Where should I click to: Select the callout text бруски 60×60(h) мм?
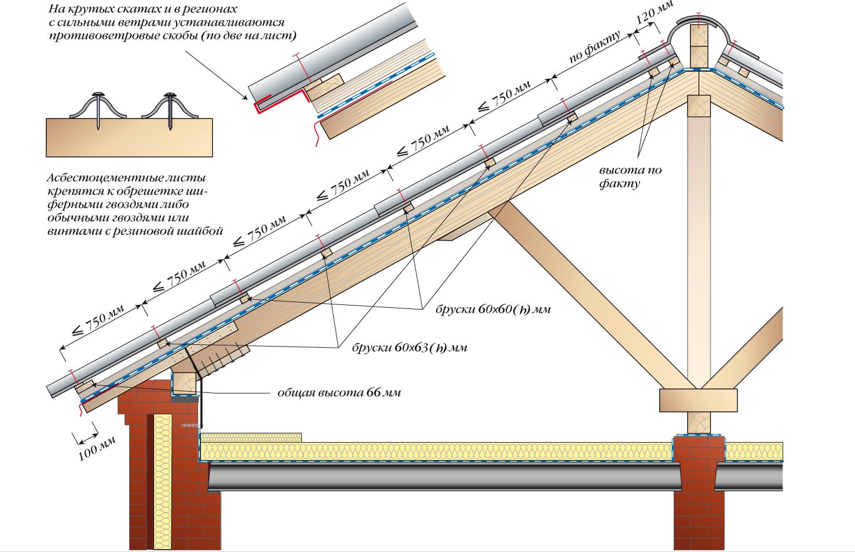click(x=492, y=310)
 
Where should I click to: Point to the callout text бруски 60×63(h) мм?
click(x=409, y=348)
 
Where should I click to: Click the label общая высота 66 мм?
click(x=339, y=393)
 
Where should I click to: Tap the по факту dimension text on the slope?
click(x=594, y=47)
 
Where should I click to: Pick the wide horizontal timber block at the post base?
click(x=699, y=400)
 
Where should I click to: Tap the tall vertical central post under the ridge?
click(x=700, y=231)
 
